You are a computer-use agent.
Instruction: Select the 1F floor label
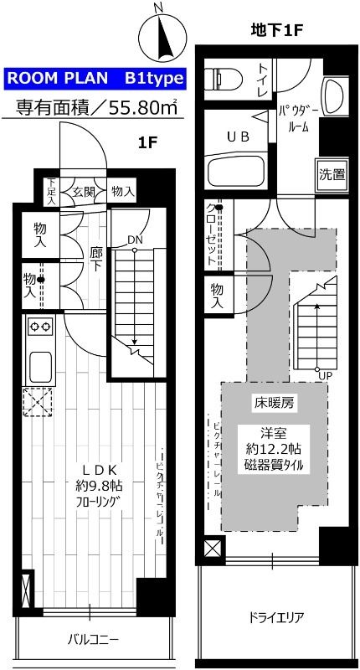click(x=147, y=142)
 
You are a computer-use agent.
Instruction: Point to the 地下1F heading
click(x=276, y=31)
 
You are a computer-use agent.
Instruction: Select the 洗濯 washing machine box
click(x=331, y=175)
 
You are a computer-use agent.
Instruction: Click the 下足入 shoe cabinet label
click(x=52, y=191)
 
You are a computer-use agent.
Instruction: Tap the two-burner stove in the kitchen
click(x=40, y=327)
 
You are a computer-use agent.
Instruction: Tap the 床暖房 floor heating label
click(x=273, y=403)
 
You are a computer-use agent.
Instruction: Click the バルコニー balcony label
click(x=93, y=641)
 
